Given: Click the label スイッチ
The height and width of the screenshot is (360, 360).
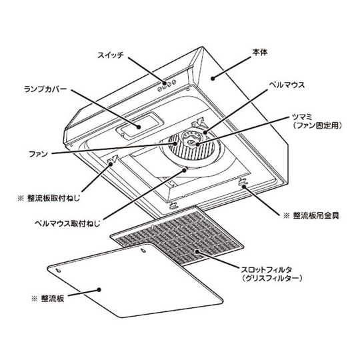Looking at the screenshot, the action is coord(111,55).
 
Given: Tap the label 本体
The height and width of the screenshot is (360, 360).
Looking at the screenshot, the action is coord(260,53).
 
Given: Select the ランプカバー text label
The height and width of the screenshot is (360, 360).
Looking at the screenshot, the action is coord(46,89).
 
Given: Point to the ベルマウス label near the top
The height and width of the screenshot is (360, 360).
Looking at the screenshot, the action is coord(287,85).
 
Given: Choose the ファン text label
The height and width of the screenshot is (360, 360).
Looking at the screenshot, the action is coord(39,154).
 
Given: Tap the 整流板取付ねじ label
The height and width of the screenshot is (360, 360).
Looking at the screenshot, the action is coord(54,198).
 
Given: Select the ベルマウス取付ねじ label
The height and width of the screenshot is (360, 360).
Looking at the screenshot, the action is coord(68,223).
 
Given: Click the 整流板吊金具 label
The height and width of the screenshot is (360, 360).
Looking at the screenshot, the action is coord(316,215).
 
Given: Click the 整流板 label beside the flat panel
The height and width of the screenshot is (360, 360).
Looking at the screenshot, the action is coord(53,299).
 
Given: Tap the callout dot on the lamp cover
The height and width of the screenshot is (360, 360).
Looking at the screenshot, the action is coord(139,127).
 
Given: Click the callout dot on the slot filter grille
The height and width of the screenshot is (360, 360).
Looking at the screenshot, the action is coord(197,251).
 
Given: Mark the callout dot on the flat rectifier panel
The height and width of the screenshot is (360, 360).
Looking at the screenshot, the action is coord(99,290).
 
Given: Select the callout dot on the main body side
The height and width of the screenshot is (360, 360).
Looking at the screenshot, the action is coord(213,79).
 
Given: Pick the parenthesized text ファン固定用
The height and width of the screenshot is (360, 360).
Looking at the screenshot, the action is coord(317,125).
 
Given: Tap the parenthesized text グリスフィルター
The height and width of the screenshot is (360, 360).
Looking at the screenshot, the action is coord(271,278).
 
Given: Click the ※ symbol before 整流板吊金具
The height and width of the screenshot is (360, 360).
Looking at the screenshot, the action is coord(287,216).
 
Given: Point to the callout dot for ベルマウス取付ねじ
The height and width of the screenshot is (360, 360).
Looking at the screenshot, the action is coord(185,170).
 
